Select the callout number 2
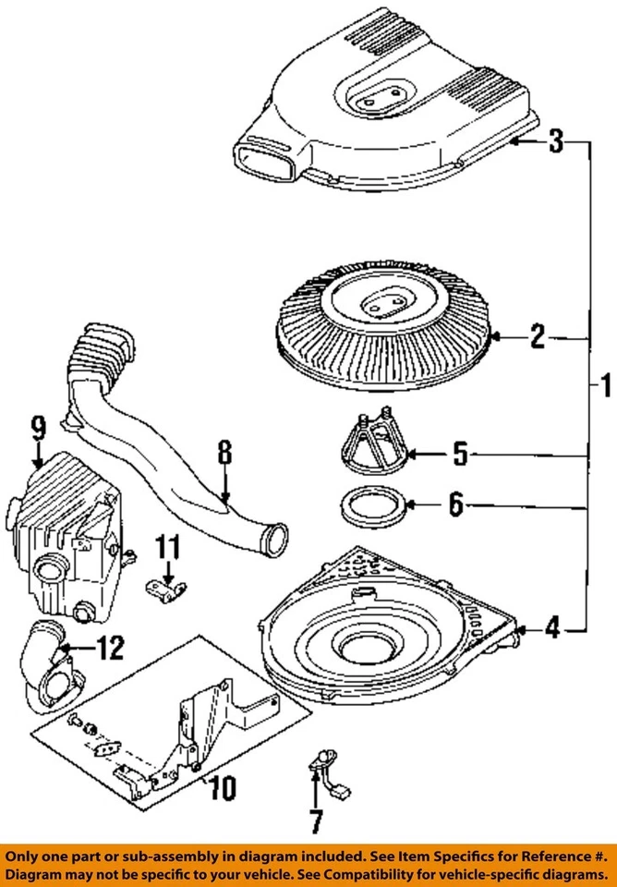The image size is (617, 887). [537, 338]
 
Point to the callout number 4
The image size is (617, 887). [551, 630]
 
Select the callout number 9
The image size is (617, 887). [37, 428]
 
